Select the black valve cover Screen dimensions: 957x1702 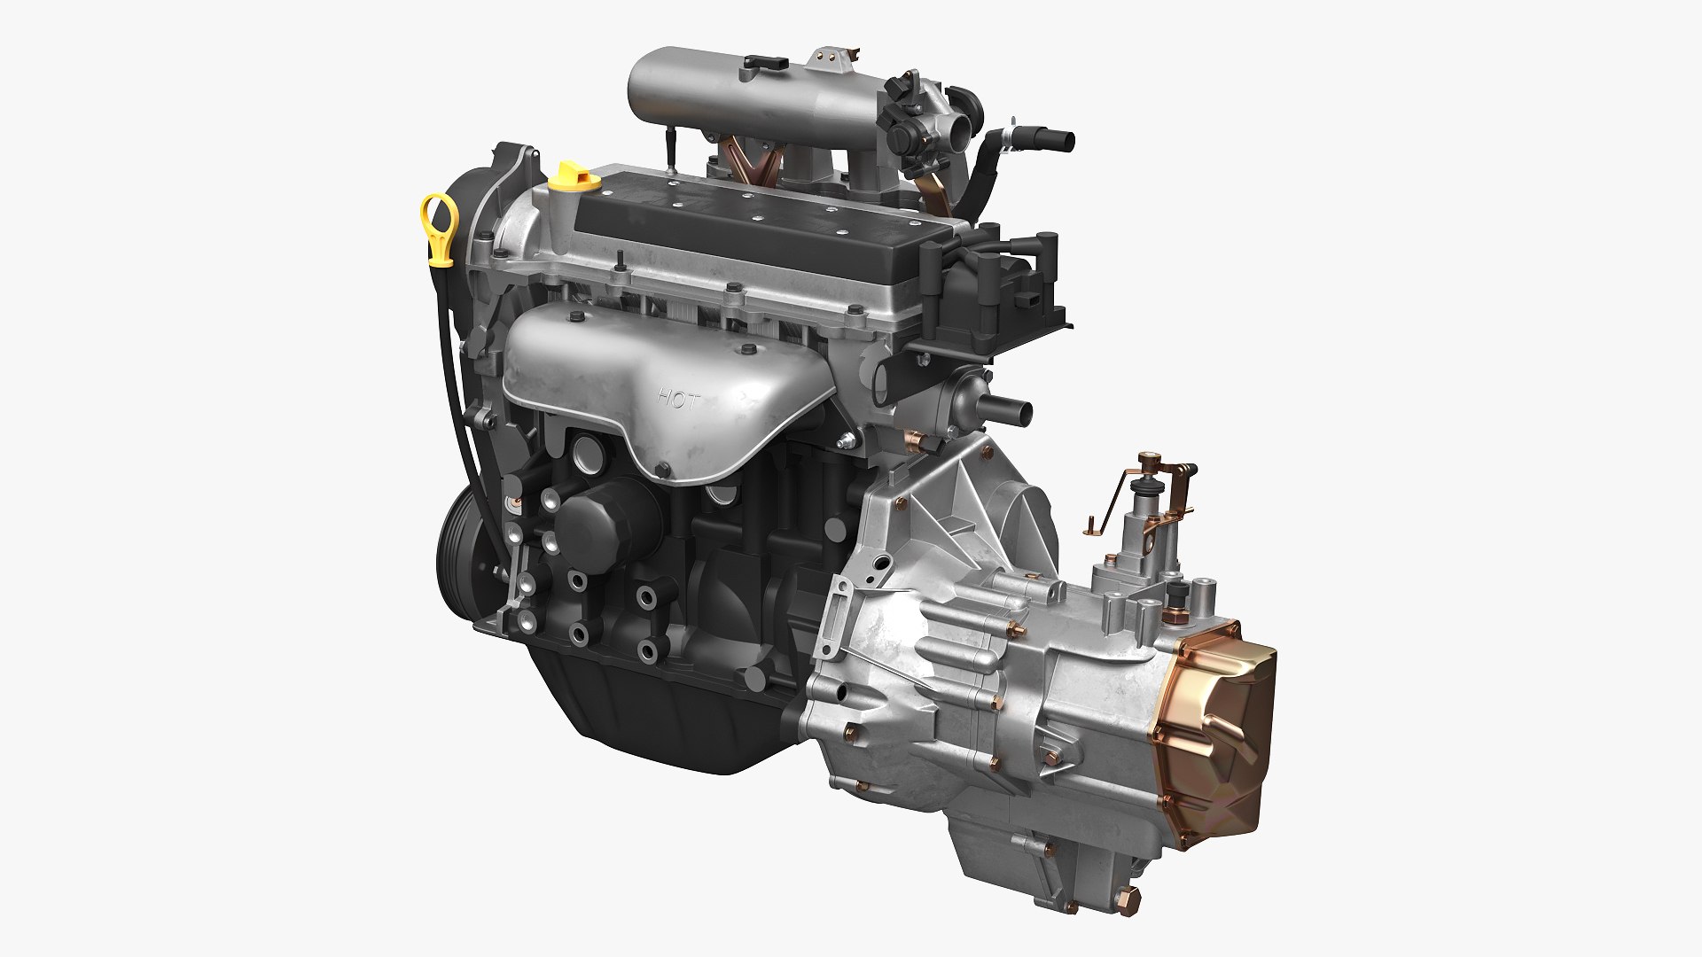(753, 222)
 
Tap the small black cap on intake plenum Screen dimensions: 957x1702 (763, 62)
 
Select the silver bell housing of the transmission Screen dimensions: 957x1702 (940, 567)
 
